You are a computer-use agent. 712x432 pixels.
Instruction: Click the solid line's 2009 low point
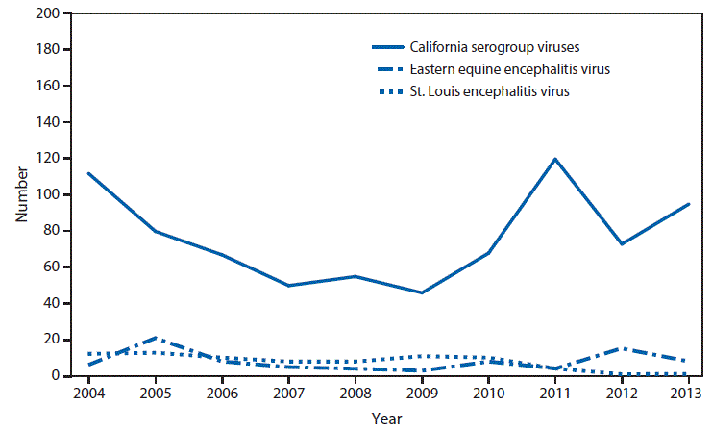[422, 292]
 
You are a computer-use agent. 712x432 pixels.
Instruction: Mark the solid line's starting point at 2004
[88, 173]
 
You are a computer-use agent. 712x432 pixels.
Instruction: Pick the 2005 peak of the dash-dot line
[156, 338]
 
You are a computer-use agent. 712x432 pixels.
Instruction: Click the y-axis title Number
[21, 195]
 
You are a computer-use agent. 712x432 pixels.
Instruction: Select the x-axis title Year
[388, 419]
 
